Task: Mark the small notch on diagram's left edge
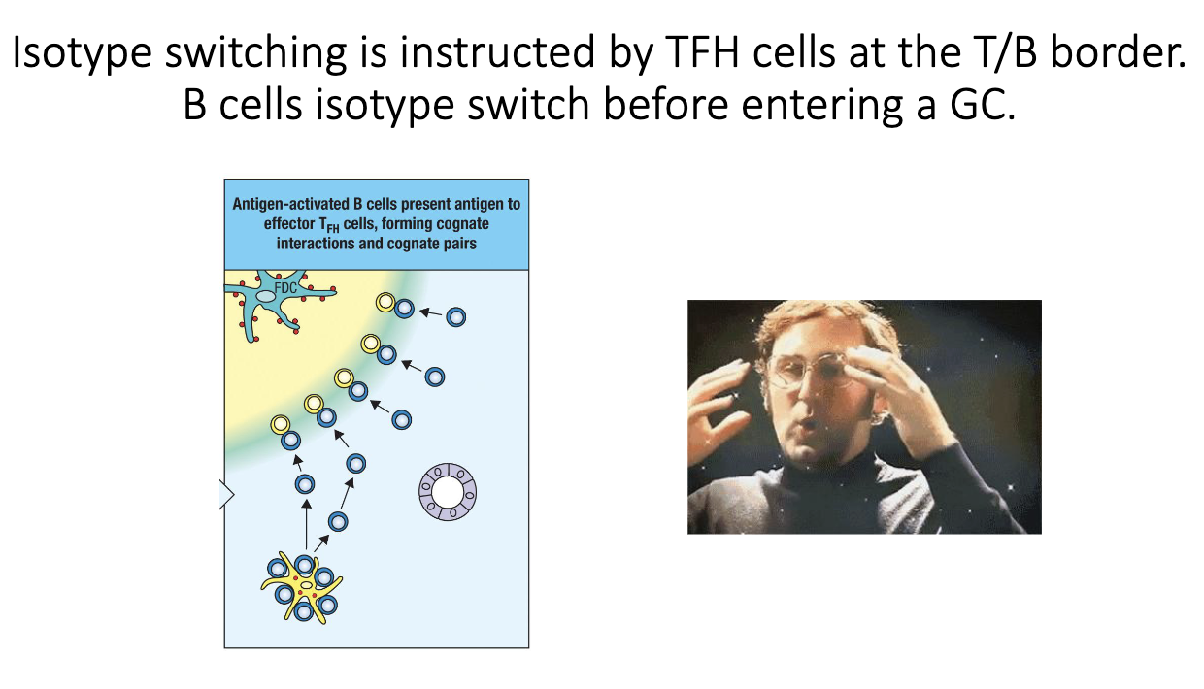point(228,495)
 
